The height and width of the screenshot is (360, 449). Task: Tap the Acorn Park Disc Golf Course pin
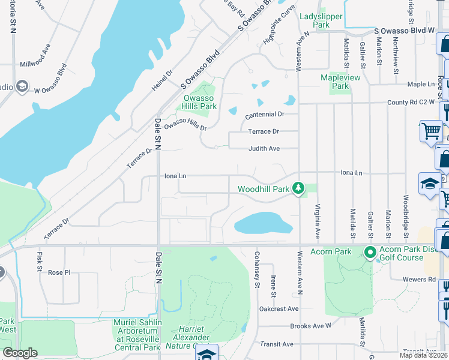click(370, 251)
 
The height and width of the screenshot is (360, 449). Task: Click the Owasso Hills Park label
click(199, 102)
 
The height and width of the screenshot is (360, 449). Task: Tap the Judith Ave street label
click(265, 149)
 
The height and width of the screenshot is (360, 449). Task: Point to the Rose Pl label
click(59, 272)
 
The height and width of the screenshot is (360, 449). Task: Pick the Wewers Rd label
click(424, 279)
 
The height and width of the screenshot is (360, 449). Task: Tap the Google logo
click(19, 353)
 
